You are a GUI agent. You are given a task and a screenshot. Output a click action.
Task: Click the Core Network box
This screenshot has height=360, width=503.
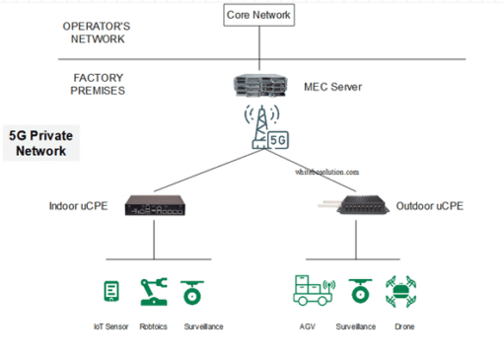pos(259,17)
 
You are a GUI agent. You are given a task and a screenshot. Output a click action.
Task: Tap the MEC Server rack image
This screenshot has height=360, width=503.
pos(258,88)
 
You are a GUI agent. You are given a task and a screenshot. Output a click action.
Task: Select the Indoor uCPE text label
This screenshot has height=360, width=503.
pos(78,207)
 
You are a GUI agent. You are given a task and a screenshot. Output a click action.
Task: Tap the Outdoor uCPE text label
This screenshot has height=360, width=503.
pos(429,207)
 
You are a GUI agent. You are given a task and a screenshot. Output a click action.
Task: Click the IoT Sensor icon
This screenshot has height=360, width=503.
pos(112,292)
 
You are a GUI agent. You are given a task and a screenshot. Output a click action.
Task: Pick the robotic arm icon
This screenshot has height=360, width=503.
pos(152,291)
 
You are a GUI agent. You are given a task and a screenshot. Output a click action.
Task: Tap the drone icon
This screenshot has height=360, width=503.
pos(405,291)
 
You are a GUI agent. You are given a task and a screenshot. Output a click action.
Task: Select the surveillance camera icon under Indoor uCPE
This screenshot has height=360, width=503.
pos(190,292)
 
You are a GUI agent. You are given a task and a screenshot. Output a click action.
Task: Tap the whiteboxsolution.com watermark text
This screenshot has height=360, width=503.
pos(327,172)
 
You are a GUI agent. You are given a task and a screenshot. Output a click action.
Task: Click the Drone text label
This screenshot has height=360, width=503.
pos(404,326)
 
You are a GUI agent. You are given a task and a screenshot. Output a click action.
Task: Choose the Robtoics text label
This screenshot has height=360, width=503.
pos(153,326)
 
